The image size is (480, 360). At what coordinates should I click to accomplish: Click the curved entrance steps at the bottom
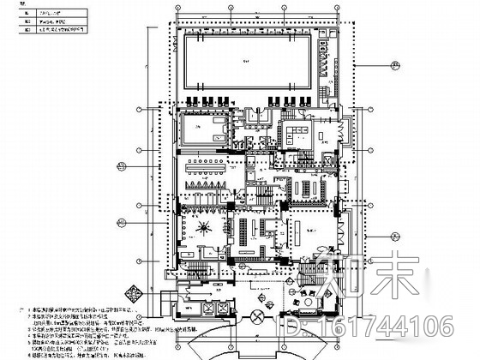coord(257,346)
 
